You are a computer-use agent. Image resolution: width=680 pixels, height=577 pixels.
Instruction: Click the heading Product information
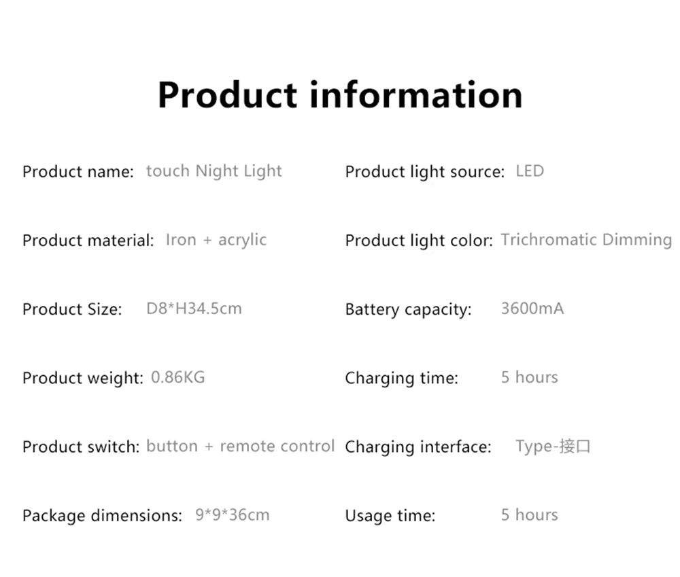click(x=340, y=94)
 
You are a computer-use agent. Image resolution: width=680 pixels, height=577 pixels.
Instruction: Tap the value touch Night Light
click(x=214, y=171)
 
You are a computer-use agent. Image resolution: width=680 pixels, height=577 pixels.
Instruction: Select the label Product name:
click(x=78, y=172)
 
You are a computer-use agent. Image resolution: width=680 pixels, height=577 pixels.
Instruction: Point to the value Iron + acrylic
click(x=216, y=240)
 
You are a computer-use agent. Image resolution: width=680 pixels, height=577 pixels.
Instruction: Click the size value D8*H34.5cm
click(x=194, y=309)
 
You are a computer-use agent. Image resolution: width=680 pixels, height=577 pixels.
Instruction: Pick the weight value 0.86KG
click(x=177, y=377)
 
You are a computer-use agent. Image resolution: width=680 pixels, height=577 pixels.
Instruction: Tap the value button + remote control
click(x=240, y=446)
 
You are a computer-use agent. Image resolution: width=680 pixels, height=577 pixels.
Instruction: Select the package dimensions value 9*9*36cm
click(x=232, y=515)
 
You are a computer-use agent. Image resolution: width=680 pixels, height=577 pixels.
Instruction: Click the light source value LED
click(x=530, y=171)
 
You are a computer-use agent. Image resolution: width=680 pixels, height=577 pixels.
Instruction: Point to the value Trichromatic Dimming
click(x=586, y=240)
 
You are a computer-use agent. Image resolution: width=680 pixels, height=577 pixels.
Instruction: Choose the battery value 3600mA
click(x=532, y=309)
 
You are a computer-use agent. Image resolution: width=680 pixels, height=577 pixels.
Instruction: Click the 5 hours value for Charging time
click(x=529, y=377)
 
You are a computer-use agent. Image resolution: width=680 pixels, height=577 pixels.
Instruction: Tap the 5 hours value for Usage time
click(x=529, y=515)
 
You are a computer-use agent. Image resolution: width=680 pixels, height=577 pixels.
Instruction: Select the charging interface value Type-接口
click(x=552, y=447)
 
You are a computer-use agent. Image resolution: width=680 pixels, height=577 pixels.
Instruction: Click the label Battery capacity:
click(x=408, y=309)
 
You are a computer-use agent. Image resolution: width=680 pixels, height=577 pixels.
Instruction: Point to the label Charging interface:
click(x=418, y=447)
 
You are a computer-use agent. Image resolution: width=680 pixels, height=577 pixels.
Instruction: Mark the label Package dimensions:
click(x=103, y=516)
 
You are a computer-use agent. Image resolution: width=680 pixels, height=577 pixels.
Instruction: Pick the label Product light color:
click(x=419, y=241)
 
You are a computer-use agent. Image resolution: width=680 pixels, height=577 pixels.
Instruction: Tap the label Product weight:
click(x=83, y=378)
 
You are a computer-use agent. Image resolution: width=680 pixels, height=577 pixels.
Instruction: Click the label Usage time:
click(x=390, y=515)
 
